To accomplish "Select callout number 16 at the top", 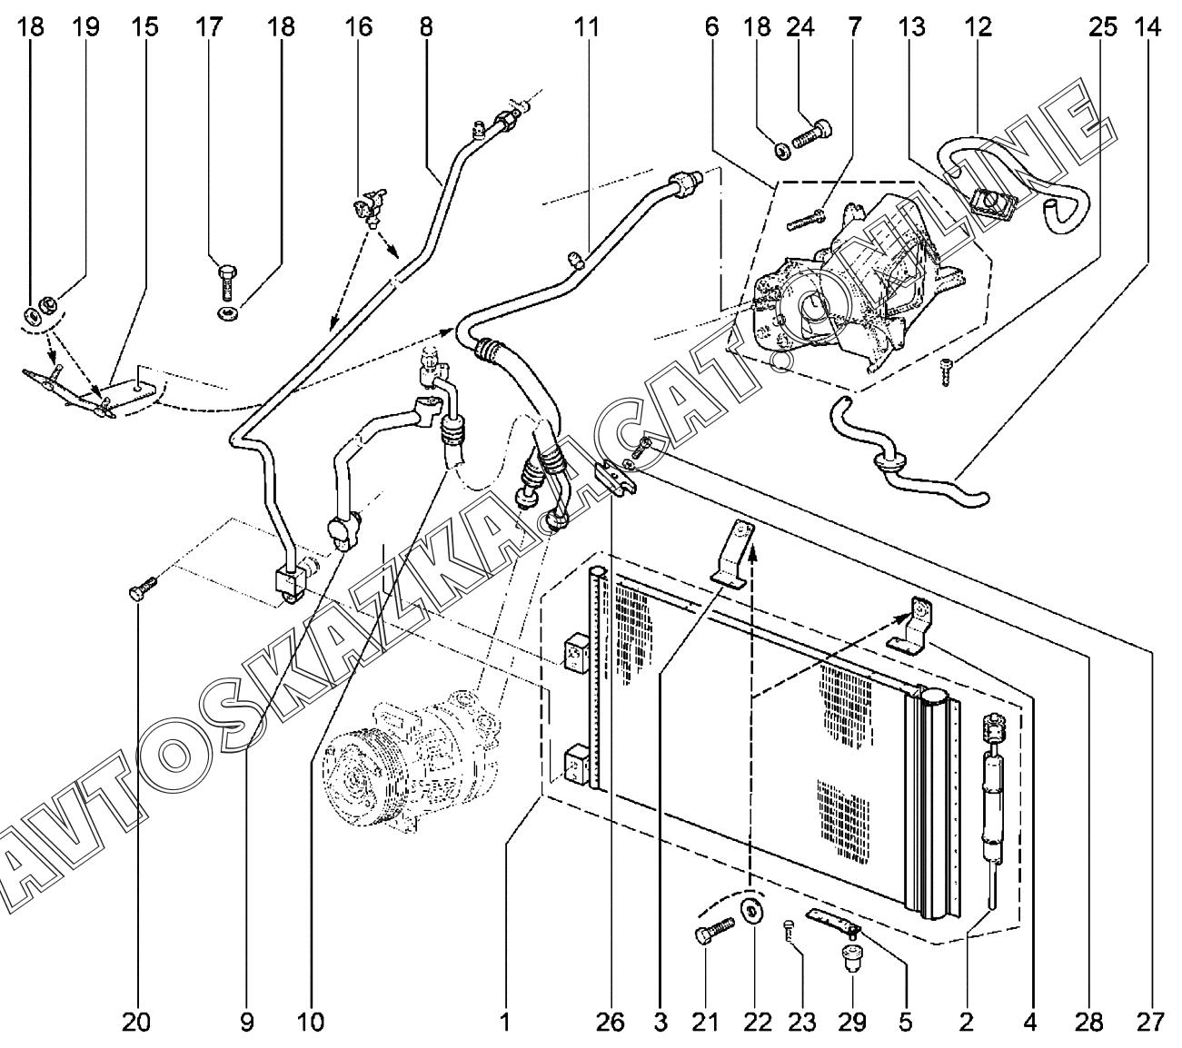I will click(x=359, y=27).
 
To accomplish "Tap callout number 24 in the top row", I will click(x=800, y=27).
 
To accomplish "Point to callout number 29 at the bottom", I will click(x=853, y=1022).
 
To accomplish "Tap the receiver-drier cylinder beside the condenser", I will click(x=993, y=799).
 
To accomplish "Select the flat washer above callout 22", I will click(x=752, y=911).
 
